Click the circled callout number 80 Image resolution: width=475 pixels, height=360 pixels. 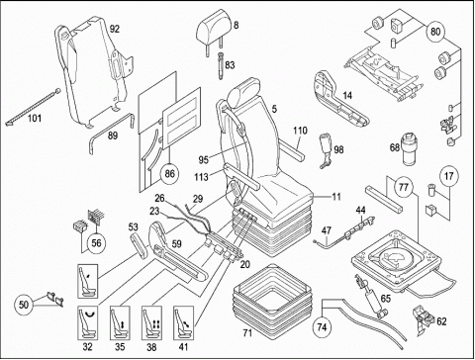coord(435,32)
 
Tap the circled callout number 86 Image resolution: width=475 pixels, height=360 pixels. coord(169,173)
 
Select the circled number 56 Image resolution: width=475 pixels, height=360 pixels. coord(96,243)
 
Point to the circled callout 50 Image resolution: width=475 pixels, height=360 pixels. coord(24,305)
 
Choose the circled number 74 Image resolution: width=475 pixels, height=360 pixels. coord(322,326)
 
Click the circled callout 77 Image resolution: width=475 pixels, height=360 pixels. coord(404,187)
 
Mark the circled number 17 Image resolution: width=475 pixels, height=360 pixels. coord(449,176)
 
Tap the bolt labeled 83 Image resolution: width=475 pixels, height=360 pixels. coord(221,65)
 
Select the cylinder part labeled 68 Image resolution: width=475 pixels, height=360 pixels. coord(409,148)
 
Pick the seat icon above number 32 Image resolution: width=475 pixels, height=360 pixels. coord(88,322)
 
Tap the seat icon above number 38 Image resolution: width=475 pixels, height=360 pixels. coord(151,322)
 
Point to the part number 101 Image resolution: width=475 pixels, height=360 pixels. coord(35,118)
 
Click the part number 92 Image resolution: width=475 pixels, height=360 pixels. coord(115,29)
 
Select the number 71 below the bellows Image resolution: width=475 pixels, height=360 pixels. coord(247,333)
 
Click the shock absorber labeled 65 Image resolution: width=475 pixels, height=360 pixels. coord(371,295)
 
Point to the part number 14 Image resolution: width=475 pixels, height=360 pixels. coord(347,95)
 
